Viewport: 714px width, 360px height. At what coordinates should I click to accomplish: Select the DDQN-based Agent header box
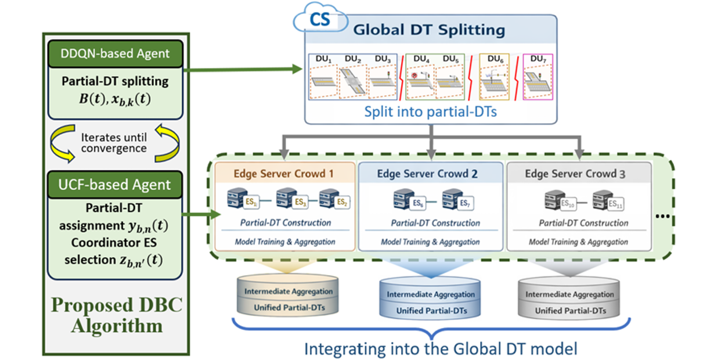click(116, 53)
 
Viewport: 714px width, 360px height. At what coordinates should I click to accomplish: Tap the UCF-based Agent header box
click(116, 185)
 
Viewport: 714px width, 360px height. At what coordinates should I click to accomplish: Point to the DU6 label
click(495, 59)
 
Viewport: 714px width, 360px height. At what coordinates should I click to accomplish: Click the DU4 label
click(419, 59)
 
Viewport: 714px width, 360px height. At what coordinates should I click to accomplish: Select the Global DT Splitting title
click(430, 30)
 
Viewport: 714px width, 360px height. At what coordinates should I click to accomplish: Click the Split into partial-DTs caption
click(430, 112)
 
